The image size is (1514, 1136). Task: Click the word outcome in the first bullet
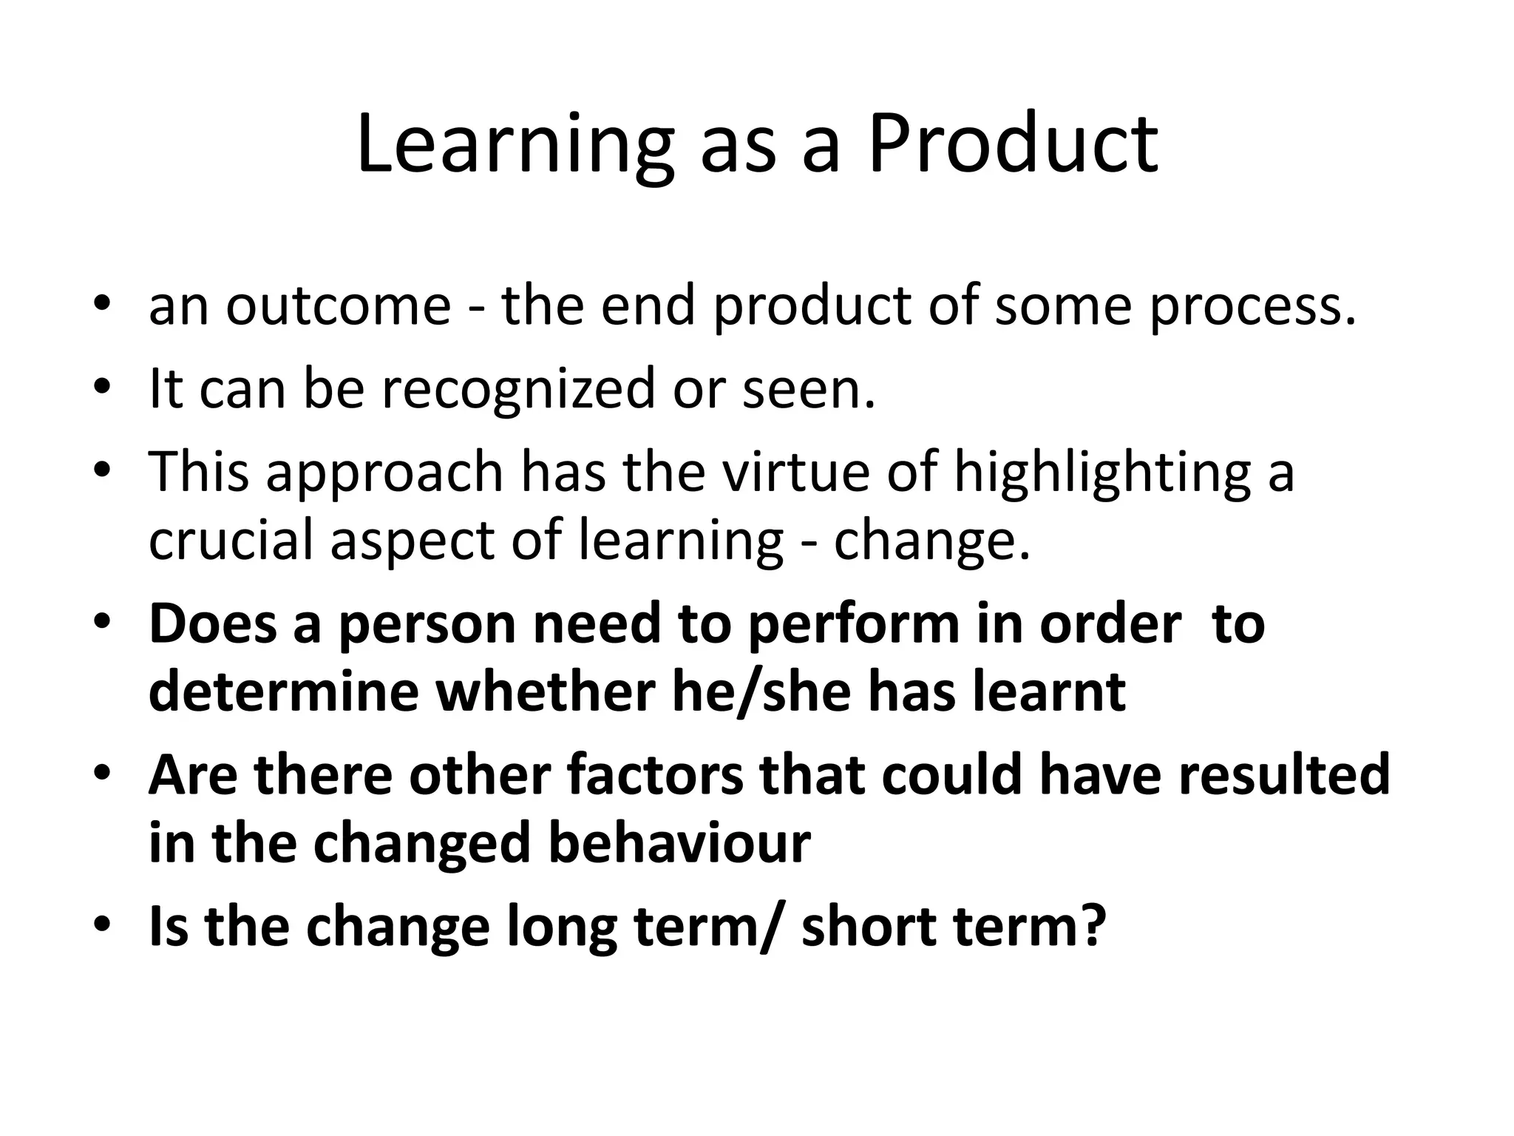338,305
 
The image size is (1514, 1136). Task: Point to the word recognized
517,390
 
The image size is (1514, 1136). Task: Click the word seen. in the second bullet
809,390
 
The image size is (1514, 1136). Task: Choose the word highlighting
1101,474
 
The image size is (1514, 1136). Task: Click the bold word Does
213,623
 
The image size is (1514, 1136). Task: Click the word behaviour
679,843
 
